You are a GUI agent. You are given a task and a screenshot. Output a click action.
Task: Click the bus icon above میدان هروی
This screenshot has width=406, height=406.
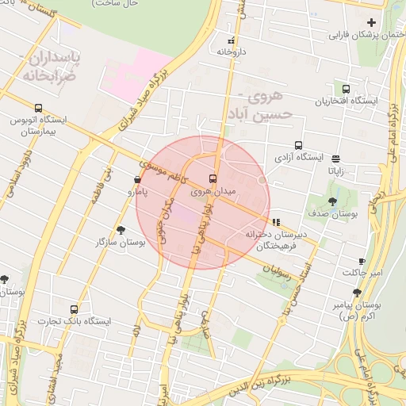click(x=213, y=178)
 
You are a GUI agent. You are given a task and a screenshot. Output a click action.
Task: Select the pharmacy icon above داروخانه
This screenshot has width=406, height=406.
click(x=231, y=40)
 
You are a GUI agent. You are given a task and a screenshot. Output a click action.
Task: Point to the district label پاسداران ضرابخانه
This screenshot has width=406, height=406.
click(x=52, y=67)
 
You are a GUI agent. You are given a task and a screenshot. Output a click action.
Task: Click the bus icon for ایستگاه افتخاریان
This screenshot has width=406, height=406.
click(x=346, y=89)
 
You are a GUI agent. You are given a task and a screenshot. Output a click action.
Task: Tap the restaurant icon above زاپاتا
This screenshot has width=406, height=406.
click(x=335, y=158)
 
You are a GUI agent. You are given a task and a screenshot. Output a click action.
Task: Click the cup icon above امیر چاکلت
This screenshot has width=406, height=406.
click(x=362, y=261)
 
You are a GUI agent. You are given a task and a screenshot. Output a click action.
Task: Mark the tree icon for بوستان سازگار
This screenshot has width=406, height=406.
click(x=120, y=230)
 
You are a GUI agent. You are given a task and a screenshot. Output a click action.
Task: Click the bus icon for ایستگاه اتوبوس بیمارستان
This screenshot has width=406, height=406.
click(x=38, y=109)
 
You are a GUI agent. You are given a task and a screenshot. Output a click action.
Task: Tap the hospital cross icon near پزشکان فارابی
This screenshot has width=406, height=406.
click(x=371, y=21)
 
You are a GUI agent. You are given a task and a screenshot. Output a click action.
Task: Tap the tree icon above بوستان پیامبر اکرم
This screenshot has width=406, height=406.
click(x=356, y=293)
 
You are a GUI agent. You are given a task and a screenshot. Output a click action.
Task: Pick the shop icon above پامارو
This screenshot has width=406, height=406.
click(x=139, y=180)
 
